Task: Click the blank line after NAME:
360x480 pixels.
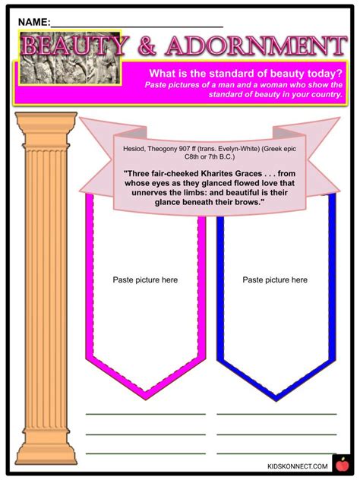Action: (137, 25)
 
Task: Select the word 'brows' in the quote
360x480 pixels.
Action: (246, 202)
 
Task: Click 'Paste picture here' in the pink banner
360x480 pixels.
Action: (145, 279)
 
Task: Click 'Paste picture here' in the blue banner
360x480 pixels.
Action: (275, 279)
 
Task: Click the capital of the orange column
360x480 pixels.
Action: (45, 122)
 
